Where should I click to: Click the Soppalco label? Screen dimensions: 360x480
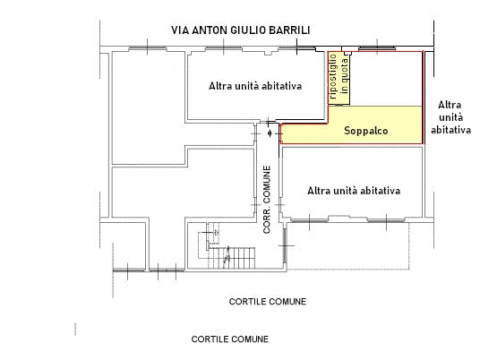tap(364, 131)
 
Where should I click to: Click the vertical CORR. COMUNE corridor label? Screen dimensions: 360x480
tap(267, 199)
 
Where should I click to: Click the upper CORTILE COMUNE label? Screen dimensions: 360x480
tap(268, 302)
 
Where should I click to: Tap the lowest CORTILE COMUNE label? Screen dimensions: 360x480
tap(230, 340)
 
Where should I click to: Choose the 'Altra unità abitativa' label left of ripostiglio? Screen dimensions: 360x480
tap(254, 87)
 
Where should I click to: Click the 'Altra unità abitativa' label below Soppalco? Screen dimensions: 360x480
tap(353, 191)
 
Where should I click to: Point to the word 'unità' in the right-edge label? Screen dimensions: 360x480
tap(450, 117)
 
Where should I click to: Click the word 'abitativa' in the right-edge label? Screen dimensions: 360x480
tap(450, 130)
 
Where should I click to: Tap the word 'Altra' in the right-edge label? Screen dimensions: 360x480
tap(450, 105)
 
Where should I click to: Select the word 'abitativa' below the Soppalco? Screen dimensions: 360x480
tap(377, 191)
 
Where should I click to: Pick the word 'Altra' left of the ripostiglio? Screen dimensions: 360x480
tap(222, 87)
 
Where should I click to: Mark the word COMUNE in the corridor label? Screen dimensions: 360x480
tap(267, 184)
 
